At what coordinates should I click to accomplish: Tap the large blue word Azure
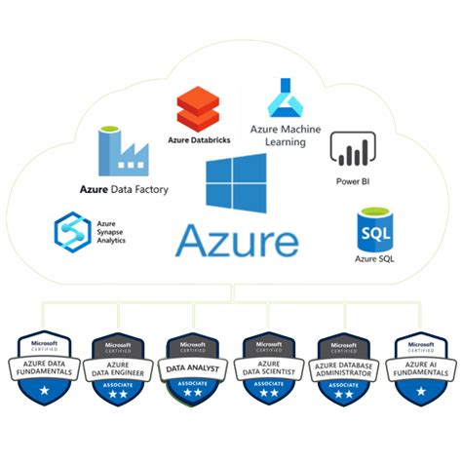point(237,239)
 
